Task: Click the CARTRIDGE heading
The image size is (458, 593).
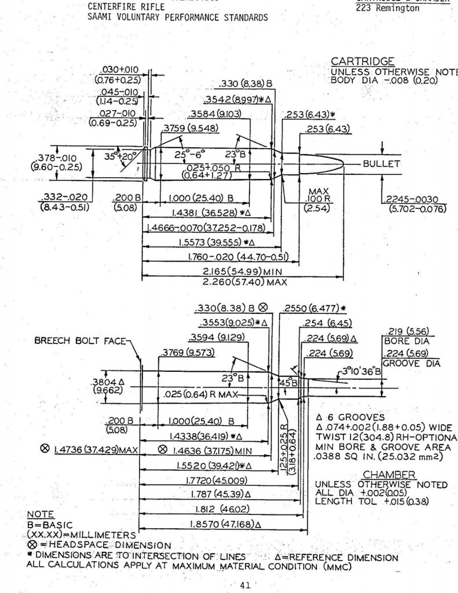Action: pyautogui.click(x=362, y=61)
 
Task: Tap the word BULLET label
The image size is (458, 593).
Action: pyautogui.click(x=382, y=164)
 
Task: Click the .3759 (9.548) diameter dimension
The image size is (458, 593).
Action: pyautogui.click(x=182, y=127)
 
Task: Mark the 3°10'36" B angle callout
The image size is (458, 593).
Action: pyautogui.click(x=361, y=371)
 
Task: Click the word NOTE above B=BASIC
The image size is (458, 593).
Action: pyautogui.click(x=41, y=514)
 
